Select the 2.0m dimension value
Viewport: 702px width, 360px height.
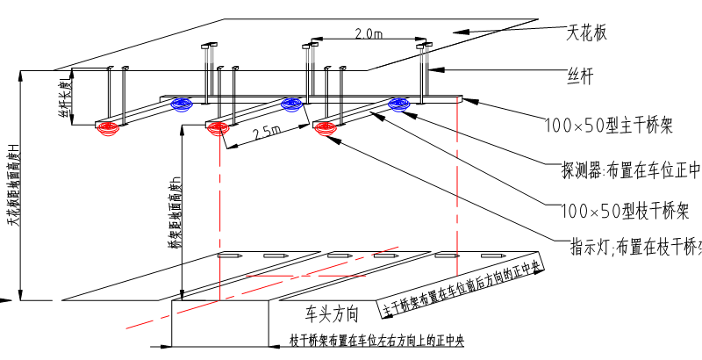[x=369, y=33]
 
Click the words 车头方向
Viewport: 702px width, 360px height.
[x=333, y=313]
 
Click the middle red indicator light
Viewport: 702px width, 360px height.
[x=217, y=129]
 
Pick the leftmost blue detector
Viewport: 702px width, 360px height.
[x=183, y=105]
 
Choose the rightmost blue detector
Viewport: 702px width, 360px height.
[x=399, y=105]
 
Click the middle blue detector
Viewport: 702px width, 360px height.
[x=291, y=105]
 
